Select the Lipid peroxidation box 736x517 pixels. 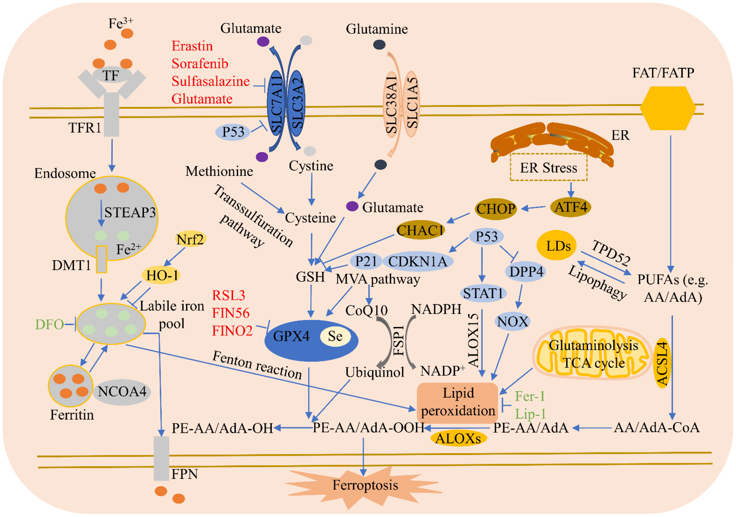(457, 402)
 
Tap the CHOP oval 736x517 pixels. (496, 209)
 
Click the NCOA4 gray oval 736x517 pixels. (122, 391)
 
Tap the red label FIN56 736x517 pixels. (231, 313)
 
